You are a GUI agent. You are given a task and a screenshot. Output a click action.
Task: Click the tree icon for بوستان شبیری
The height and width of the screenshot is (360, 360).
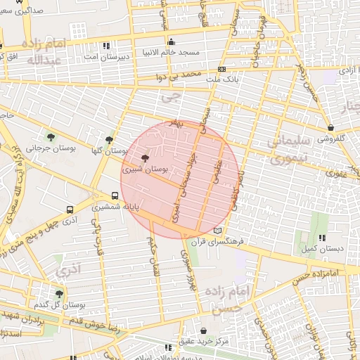[146, 159]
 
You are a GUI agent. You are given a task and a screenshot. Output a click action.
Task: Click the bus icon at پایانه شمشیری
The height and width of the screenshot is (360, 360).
[115, 196]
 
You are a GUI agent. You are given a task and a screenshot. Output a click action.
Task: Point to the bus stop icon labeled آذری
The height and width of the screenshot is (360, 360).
[70, 210]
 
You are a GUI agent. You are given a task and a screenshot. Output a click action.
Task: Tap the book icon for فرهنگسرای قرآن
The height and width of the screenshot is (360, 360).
[218, 230]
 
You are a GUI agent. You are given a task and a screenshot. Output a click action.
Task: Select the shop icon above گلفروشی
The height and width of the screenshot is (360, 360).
[330, 127]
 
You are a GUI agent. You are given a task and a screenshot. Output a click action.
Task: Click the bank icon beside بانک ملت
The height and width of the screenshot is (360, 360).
[222, 69]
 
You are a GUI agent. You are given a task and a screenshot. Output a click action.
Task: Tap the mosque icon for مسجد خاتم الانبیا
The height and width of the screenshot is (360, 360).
[172, 41]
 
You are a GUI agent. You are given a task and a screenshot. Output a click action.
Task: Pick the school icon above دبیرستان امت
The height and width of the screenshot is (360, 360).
[106, 45]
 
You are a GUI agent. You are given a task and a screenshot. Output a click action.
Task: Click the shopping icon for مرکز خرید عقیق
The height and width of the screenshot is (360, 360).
[204, 330]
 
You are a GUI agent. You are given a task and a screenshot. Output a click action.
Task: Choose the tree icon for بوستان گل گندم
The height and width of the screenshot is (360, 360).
[59, 295]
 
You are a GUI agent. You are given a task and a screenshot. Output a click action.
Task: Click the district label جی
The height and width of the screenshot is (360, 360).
[166, 99]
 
